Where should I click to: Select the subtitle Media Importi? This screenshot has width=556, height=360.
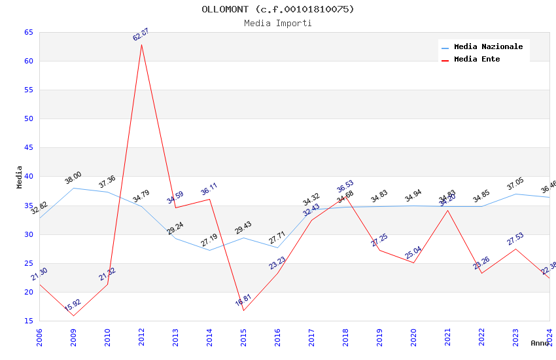tap(277, 23)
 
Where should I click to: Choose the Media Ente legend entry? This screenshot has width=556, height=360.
tap(476, 60)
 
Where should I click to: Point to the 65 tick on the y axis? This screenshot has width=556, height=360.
tap(28, 32)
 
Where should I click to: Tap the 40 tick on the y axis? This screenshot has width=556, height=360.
tap(28, 177)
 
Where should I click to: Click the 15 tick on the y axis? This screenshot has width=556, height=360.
tap(28, 321)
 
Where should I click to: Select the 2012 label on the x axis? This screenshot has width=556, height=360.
tap(141, 337)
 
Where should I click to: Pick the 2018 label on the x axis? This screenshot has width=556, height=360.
tap(345, 337)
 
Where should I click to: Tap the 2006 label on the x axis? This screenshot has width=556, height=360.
tap(39, 337)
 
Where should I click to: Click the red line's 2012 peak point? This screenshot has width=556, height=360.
tap(141, 45)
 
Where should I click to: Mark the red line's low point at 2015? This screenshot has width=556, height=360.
tap(243, 310)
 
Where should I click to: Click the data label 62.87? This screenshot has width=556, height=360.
tap(141, 35)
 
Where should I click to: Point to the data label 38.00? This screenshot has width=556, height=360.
tap(73, 177)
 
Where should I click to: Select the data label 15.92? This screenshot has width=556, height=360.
tap(73, 304)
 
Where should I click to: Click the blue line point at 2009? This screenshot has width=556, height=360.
tap(73, 188)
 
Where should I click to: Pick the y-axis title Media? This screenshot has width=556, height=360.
tap(20, 177)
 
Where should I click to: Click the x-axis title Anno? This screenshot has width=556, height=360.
tap(540, 343)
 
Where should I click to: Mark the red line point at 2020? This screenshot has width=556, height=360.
tap(413, 262)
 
